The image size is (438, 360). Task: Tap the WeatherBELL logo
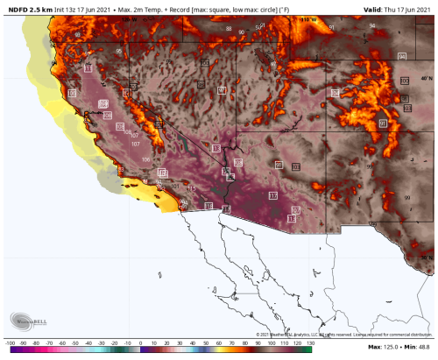point(26,321)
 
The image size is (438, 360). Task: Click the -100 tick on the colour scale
point(11,342)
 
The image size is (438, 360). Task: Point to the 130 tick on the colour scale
point(307,342)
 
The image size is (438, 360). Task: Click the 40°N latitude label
point(427,77)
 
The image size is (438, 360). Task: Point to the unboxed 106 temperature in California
point(145,159)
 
